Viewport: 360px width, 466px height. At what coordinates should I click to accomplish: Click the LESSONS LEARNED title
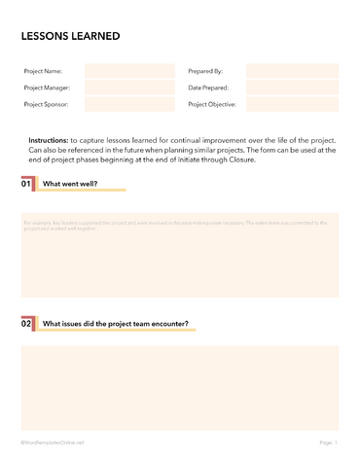(71, 36)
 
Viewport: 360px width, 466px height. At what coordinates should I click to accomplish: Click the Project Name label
(43, 71)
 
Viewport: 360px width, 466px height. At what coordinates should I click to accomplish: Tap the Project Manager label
(47, 88)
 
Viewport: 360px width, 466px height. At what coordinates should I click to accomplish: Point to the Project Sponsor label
(46, 103)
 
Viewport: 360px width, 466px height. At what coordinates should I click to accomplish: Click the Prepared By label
(205, 71)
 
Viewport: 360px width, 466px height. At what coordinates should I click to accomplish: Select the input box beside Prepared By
(292, 71)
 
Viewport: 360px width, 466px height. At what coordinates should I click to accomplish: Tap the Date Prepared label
(208, 88)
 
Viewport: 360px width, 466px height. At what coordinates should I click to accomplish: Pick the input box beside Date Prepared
(292, 88)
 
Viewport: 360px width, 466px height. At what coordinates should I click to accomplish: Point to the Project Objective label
(212, 103)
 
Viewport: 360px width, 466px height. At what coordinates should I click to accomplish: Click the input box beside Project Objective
(292, 103)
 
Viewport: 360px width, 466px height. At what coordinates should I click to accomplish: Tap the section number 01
(26, 183)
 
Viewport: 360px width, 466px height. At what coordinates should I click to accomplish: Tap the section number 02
(26, 324)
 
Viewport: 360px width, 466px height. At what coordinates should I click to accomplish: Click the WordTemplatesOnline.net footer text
(53, 443)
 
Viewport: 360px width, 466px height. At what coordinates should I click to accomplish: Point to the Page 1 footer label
(328, 443)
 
